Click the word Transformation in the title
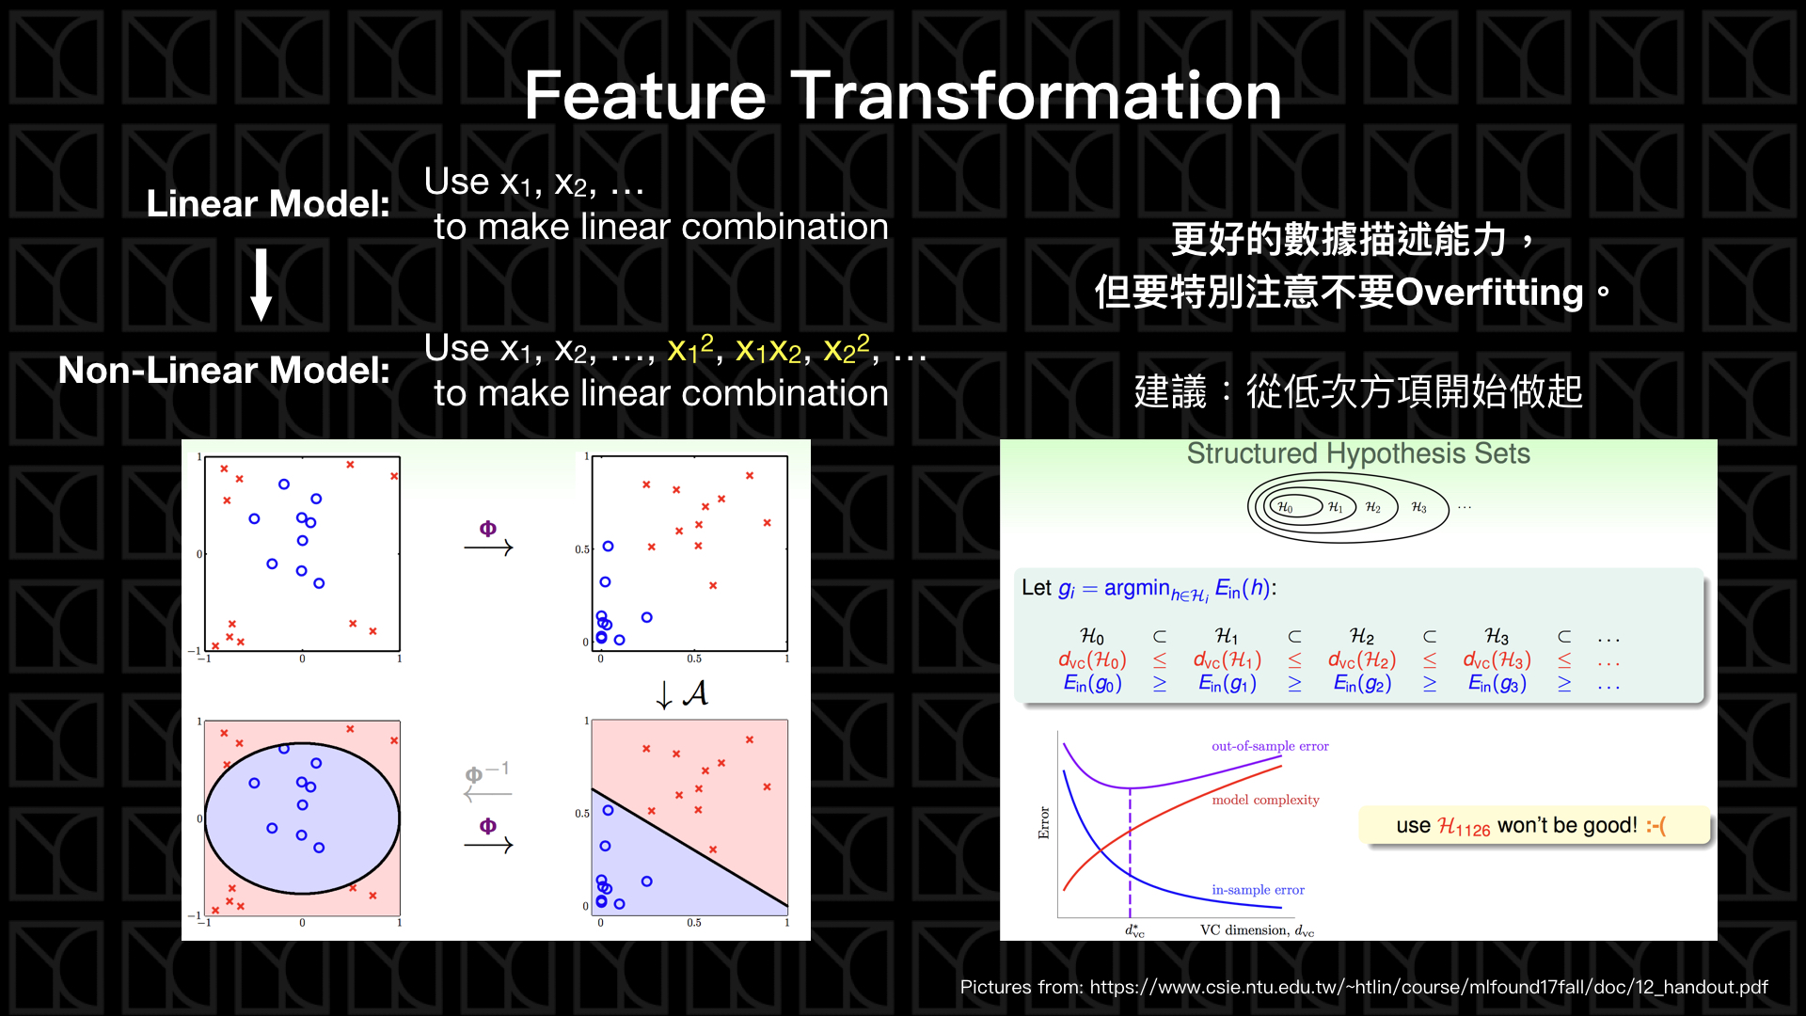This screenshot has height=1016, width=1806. click(1036, 96)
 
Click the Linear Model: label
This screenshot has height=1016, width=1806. click(268, 204)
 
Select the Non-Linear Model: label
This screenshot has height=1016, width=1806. click(224, 371)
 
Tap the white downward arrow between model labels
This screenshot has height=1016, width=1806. click(261, 285)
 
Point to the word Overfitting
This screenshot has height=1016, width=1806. click(1489, 293)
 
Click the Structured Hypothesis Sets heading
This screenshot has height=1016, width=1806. click(1357, 454)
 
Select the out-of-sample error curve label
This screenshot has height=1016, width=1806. click(1269, 746)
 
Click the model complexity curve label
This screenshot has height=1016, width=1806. click(1265, 800)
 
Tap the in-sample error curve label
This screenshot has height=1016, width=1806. click(1258, 890)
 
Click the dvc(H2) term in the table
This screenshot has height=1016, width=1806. click(1361, 660)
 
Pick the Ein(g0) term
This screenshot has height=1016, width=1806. click(1092, 684)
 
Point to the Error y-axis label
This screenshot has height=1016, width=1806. click(1043, 822)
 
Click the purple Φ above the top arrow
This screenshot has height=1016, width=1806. click(487, 529)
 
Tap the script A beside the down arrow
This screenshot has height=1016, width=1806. click(695, 694)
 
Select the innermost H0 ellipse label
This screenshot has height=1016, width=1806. click(1284, 507)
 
